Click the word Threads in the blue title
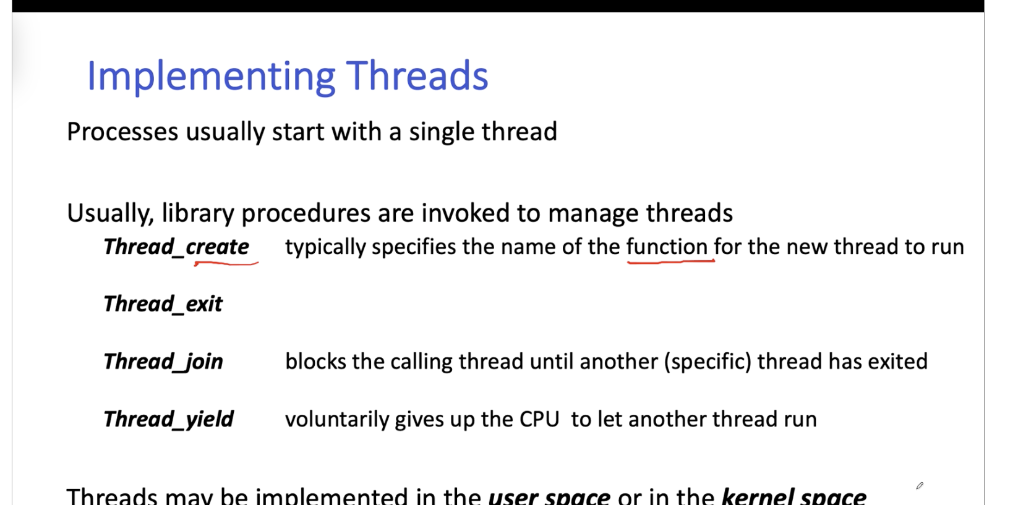417,75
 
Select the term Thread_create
176,247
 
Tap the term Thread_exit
163,304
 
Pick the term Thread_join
163,362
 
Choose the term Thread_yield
169,419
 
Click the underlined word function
667,247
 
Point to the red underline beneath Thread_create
226,263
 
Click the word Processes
122,132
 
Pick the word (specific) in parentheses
708,362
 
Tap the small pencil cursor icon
920,486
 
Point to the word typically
325,247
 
